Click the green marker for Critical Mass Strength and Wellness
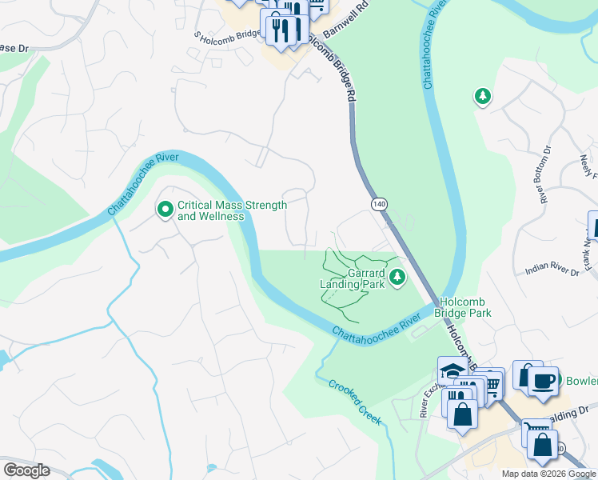(165, 210)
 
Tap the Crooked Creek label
(355, 402)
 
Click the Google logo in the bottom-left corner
(26, 470)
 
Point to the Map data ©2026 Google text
(548, 474)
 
